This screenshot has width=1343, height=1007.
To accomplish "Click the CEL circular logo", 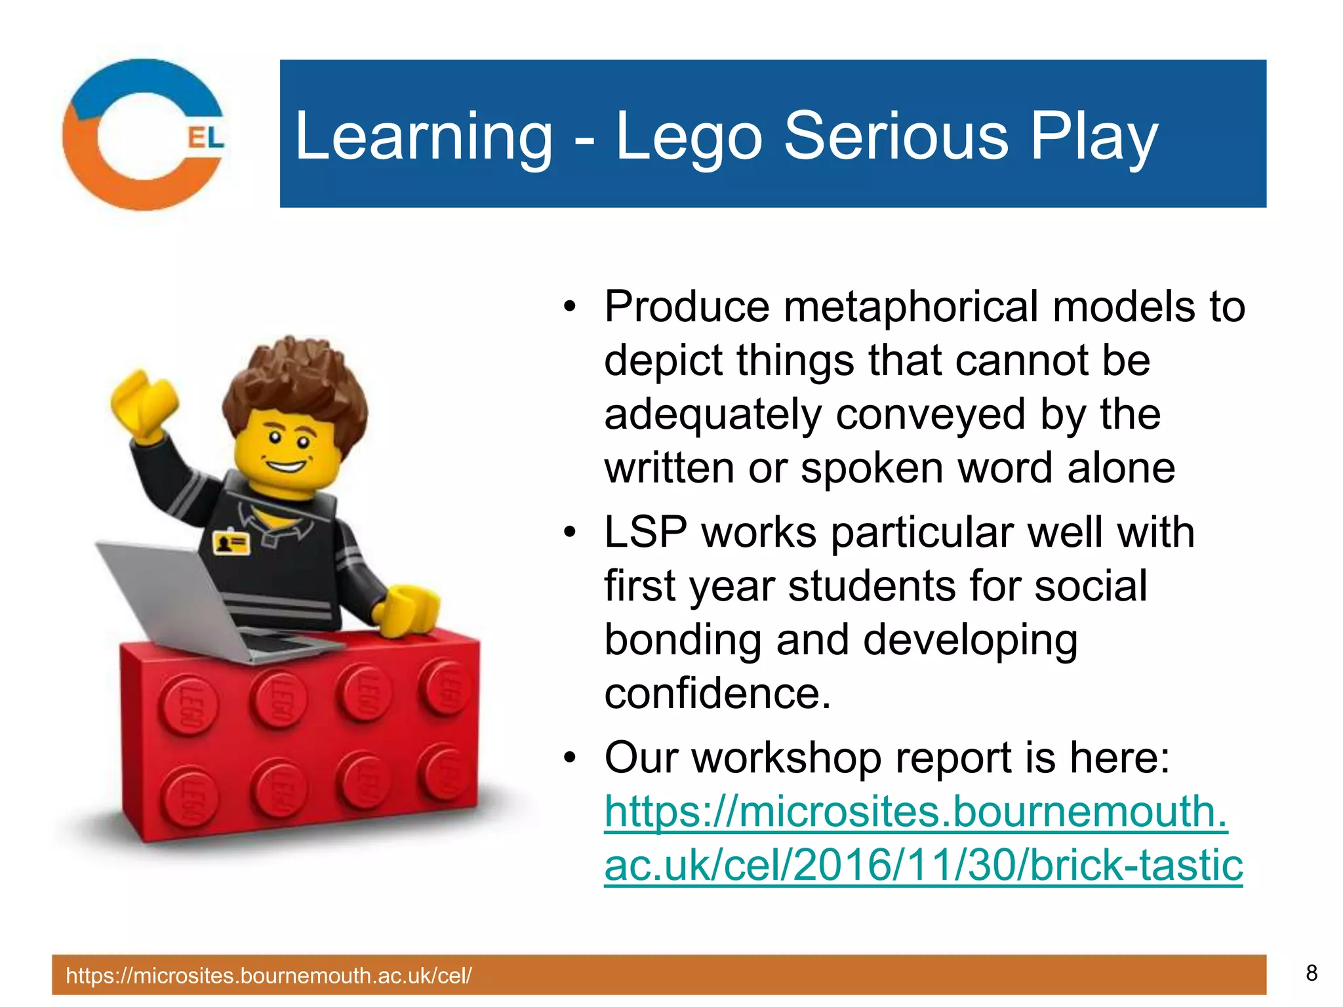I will pyautogui.click(x=144, y=134).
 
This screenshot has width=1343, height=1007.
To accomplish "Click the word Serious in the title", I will pyautogui.click(x=896, y=136).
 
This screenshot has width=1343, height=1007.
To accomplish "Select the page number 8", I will pyautogui.click(x=1311, y=973).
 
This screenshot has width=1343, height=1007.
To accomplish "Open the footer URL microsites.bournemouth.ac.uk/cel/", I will pyautogui.click(x=268, y=976).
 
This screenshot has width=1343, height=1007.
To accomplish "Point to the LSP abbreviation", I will pyautogui.click(x=645, y=532).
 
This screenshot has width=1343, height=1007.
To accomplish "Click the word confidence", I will pyautogui.click(x=717, y=694).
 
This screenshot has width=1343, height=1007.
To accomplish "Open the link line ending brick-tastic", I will pyautogui.click(x=923, y=865).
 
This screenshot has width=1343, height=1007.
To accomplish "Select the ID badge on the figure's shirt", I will pyautogui.click(x=231, y=543).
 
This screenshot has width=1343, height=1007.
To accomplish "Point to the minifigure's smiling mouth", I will pyautogui.click(x=287, y=467).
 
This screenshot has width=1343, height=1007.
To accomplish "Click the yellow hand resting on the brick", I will pyautogui.click(x=410, y=610).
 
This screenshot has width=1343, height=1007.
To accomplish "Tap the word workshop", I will pyautogui.click(x=786, y=757).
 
